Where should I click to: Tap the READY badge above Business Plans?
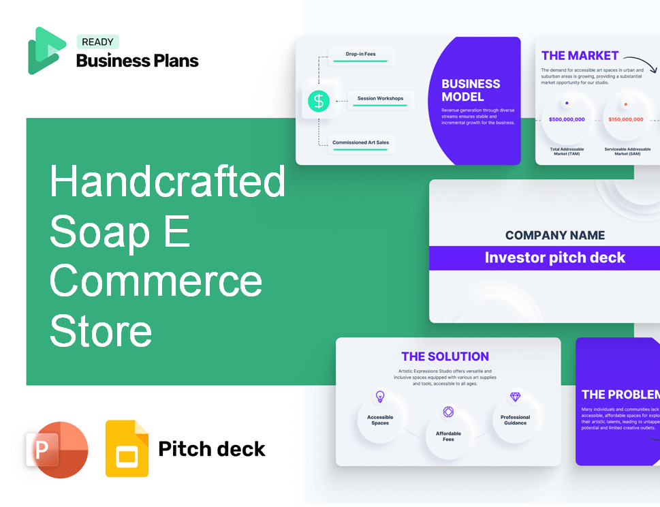click(x=97, y=42)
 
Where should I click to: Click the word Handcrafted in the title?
click(x=168, y=182)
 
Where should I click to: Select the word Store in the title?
click(x=101, y=331)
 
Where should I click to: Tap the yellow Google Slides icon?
click(x=127, y=448)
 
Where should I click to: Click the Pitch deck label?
click(x=212, y=449)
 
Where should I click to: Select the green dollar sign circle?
click(x=318, y=101)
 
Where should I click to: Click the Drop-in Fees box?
click(x=361, y=55)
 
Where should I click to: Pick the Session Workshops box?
click(x=380, y=99)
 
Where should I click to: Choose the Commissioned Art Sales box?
click(x=361, y=144)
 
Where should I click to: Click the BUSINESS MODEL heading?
click(x=471, y=90)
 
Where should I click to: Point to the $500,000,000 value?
click(x=567, y=119)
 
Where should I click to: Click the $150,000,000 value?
click(x=625, y=119)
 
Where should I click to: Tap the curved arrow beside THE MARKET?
click(x=640, y=63)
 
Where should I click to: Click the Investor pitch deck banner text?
click(x=554, y=258)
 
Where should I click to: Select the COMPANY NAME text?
click(x=554, y=235)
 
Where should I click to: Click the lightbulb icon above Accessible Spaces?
click(x=380, y=397)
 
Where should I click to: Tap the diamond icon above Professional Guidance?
click(x=515, y=397)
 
